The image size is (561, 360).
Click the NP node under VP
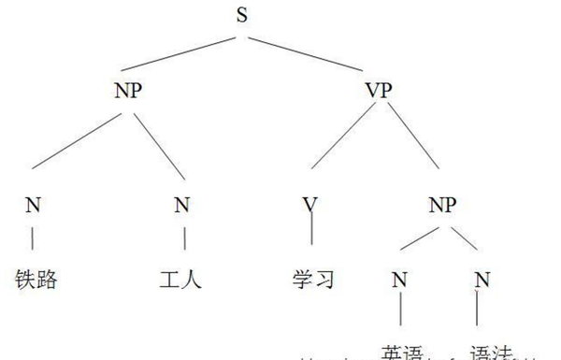click(x=452, y=203)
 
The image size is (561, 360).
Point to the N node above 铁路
click(x=33, y=205)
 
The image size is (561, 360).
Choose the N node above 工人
click(x=182, y=205)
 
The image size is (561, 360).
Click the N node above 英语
click(x=400, y=278)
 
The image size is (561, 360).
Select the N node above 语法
click(x=481, y=278)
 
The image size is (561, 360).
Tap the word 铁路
click(x=36, y=278)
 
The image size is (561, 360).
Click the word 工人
click(x=180, y=278)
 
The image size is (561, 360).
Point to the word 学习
click(x=312, y=279)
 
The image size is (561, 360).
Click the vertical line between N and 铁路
click(x=33, y=238)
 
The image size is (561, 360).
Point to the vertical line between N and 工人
click(x=183, y=238)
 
